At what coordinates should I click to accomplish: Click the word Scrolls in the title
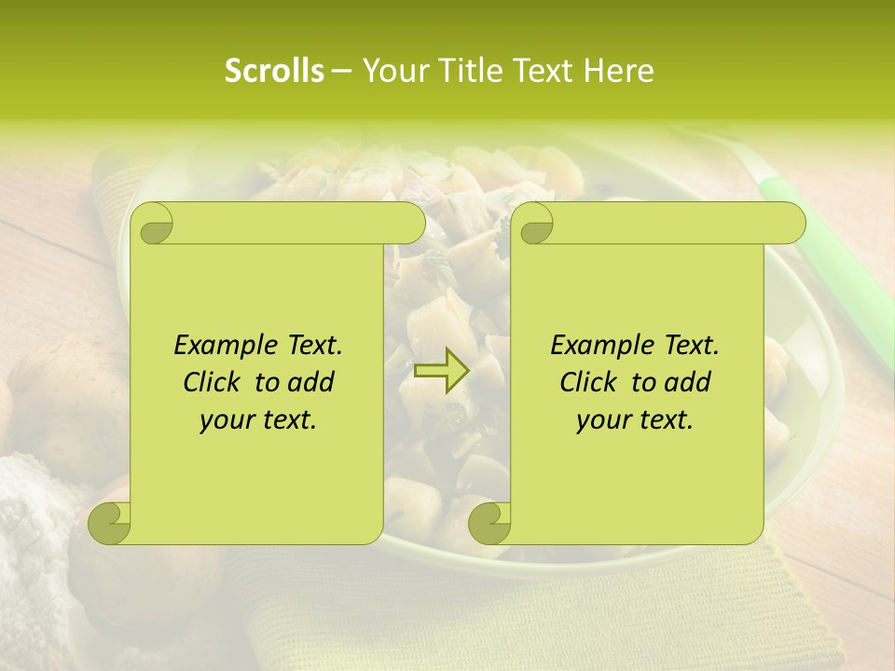(274, 71)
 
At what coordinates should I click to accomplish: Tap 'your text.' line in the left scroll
(257, 420)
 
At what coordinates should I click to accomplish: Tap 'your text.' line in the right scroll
(634, 420)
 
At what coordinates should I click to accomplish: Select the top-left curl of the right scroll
(534, 224)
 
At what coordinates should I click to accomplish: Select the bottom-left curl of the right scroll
(489, 522)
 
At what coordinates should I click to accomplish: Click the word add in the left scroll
(311, 382)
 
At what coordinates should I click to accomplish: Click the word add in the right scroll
(688, 382)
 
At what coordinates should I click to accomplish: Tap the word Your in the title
(392, 71)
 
